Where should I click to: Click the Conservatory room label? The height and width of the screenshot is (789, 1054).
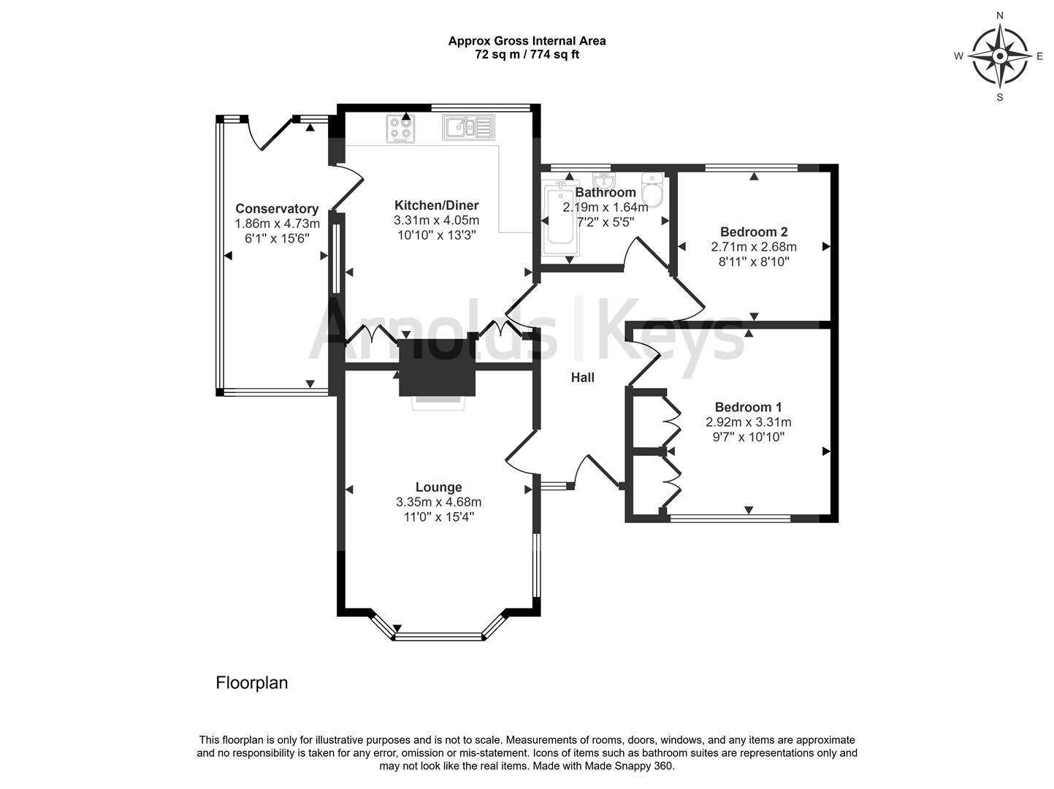[x=277, y=209]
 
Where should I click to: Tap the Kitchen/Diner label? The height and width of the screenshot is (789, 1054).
[x=437, y=205]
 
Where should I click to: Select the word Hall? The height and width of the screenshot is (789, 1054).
[x=582, y=378]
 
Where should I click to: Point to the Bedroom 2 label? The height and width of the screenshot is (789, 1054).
[x=754, y=232]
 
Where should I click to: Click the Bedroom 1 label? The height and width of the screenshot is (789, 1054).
[x=749, y=407]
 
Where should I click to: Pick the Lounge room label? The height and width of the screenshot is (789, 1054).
[x=438, y=487]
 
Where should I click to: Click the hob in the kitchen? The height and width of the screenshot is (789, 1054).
[x=400, y=129]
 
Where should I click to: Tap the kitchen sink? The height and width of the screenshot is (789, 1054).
[x=468, y=127]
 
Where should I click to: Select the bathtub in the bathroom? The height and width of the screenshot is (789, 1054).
[x=560, y=218]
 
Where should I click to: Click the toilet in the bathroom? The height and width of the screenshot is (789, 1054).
[x=652, y=190]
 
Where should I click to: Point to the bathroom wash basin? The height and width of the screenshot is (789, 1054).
[x=603, y=180]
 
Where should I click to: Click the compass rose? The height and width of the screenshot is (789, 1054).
[x=1000, y=56]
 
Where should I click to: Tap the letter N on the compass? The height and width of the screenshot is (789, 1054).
[x=1000, y=16]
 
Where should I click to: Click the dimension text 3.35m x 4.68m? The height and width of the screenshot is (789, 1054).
[x=438, y=502]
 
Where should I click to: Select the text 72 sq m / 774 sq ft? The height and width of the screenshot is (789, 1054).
[x=527, y=54]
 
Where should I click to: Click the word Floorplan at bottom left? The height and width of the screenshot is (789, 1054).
[x=251, y=682]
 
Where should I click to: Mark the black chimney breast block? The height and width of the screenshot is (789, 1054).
[x=437, y=367]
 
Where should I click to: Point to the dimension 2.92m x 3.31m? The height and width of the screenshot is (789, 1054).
[x=749, y=422]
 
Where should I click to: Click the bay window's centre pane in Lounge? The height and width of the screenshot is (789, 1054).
[x=438, y=636]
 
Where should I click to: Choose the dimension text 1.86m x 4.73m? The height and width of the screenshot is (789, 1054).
[x=277, y=224]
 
